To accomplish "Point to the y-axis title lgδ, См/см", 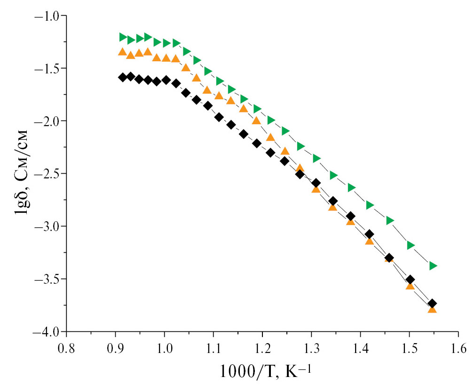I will [21, 173].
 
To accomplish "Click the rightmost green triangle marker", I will [433, 266].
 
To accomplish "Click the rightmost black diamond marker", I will [432, 304].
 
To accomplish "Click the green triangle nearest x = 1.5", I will [411, 245].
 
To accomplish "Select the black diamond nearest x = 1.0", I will [166, 80].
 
